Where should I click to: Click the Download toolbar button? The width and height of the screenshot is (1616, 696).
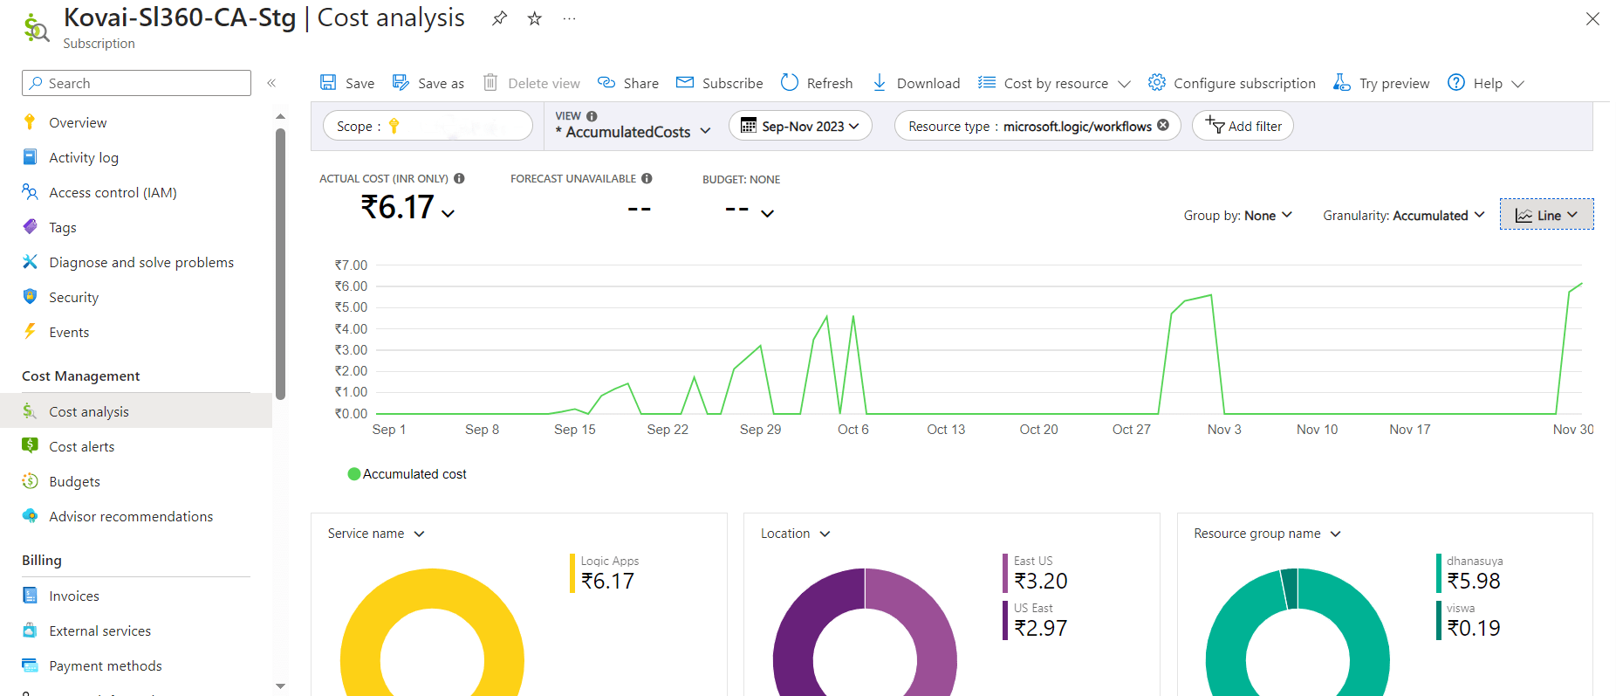[x=916, y=83]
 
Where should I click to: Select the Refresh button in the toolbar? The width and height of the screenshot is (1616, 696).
[x=817, y=83]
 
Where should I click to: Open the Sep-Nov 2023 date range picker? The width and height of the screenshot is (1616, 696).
[x=800, y=126]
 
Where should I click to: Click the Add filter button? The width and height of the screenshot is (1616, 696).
[x=1243, y=126]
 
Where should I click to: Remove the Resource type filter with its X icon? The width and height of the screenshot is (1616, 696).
[x=1163, y=126]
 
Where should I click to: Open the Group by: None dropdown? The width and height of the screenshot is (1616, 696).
[x=1237, y=216]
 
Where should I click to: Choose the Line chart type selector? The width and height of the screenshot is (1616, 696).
[x=1546, y=215]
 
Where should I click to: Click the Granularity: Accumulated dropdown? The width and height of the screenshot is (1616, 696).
[x=1403, y=216]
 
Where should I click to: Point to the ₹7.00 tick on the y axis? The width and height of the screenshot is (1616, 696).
[x=351, y=265]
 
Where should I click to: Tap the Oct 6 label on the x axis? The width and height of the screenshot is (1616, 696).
[x=853, y=430]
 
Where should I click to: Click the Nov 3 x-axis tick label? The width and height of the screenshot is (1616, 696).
[x=1223, y=430]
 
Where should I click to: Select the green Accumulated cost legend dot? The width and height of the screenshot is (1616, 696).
[x=354, y=474]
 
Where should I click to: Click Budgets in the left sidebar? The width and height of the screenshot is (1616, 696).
[x=74, y=481]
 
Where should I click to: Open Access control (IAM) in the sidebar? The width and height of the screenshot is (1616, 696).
[x=113, y=192]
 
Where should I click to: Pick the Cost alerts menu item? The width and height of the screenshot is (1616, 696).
[x=81, y=446]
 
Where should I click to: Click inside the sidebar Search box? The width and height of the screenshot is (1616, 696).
[x=136, y=83]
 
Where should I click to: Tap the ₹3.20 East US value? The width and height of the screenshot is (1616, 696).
[x=1040, y=581]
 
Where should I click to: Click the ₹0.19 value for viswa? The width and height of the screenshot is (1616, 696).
[x=1473, y=628]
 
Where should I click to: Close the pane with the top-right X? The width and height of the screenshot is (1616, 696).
[x=1592, y=19]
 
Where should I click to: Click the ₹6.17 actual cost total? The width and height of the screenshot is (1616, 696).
[x=397, y=208]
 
